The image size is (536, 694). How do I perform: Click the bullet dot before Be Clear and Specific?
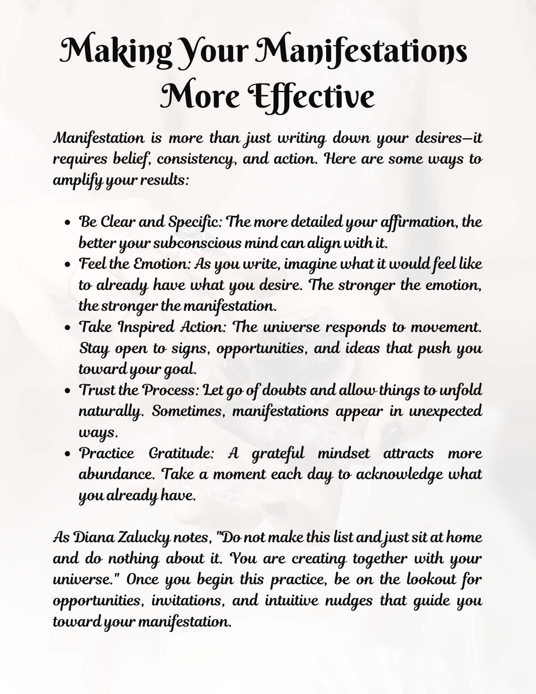click(68, 224)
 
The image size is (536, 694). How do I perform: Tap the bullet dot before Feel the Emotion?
click(68, 266)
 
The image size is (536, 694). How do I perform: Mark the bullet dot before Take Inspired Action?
click(68, 329)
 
